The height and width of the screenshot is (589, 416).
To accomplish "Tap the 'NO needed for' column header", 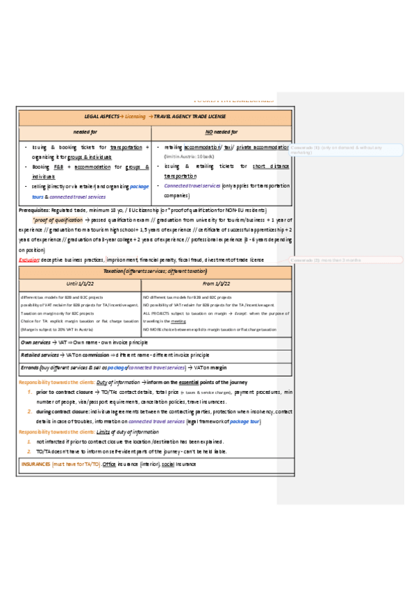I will (222, 132).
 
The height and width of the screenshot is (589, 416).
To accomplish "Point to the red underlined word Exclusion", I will (30, 259).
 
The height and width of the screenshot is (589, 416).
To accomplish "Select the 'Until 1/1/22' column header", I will (80, 283).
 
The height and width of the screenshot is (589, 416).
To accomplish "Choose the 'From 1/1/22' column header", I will (217, 283).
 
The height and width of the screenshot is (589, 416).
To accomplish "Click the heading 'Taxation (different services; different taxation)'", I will (156, 271).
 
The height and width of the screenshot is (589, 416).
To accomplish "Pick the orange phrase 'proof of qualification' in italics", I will (57, 219).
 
